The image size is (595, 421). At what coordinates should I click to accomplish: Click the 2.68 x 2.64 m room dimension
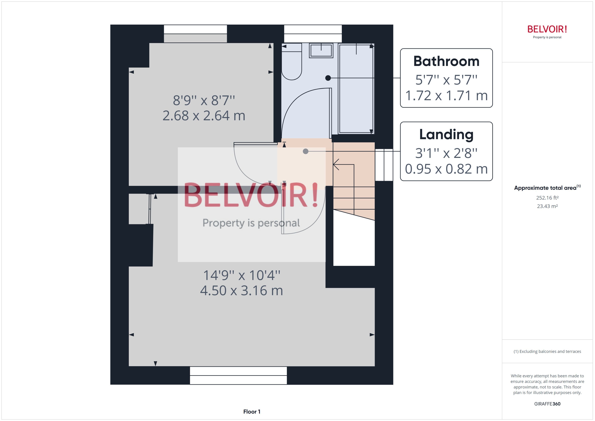(x=204, y=116)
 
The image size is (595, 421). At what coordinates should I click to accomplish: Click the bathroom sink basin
(x=321, y=50)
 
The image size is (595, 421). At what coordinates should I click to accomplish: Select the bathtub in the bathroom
(x=356, y=88)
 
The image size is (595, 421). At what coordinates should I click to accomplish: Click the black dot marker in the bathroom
(x=328, y=78)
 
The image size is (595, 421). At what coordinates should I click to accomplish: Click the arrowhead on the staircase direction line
(x=336, y=164)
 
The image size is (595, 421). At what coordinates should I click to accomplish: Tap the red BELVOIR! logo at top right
(x=547, y=29)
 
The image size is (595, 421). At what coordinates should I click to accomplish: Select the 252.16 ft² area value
(x=547, y=198)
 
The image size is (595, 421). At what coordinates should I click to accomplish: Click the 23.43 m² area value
(x=547, y=206)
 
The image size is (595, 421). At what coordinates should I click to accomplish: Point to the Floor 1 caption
(x=251, y=412)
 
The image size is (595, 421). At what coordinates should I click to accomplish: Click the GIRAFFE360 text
(x=547, y=404)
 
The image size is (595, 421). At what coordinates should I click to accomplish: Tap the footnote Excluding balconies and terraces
(x=547, y=351)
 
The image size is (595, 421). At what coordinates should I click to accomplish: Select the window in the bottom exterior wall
(x=238, y=375)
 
